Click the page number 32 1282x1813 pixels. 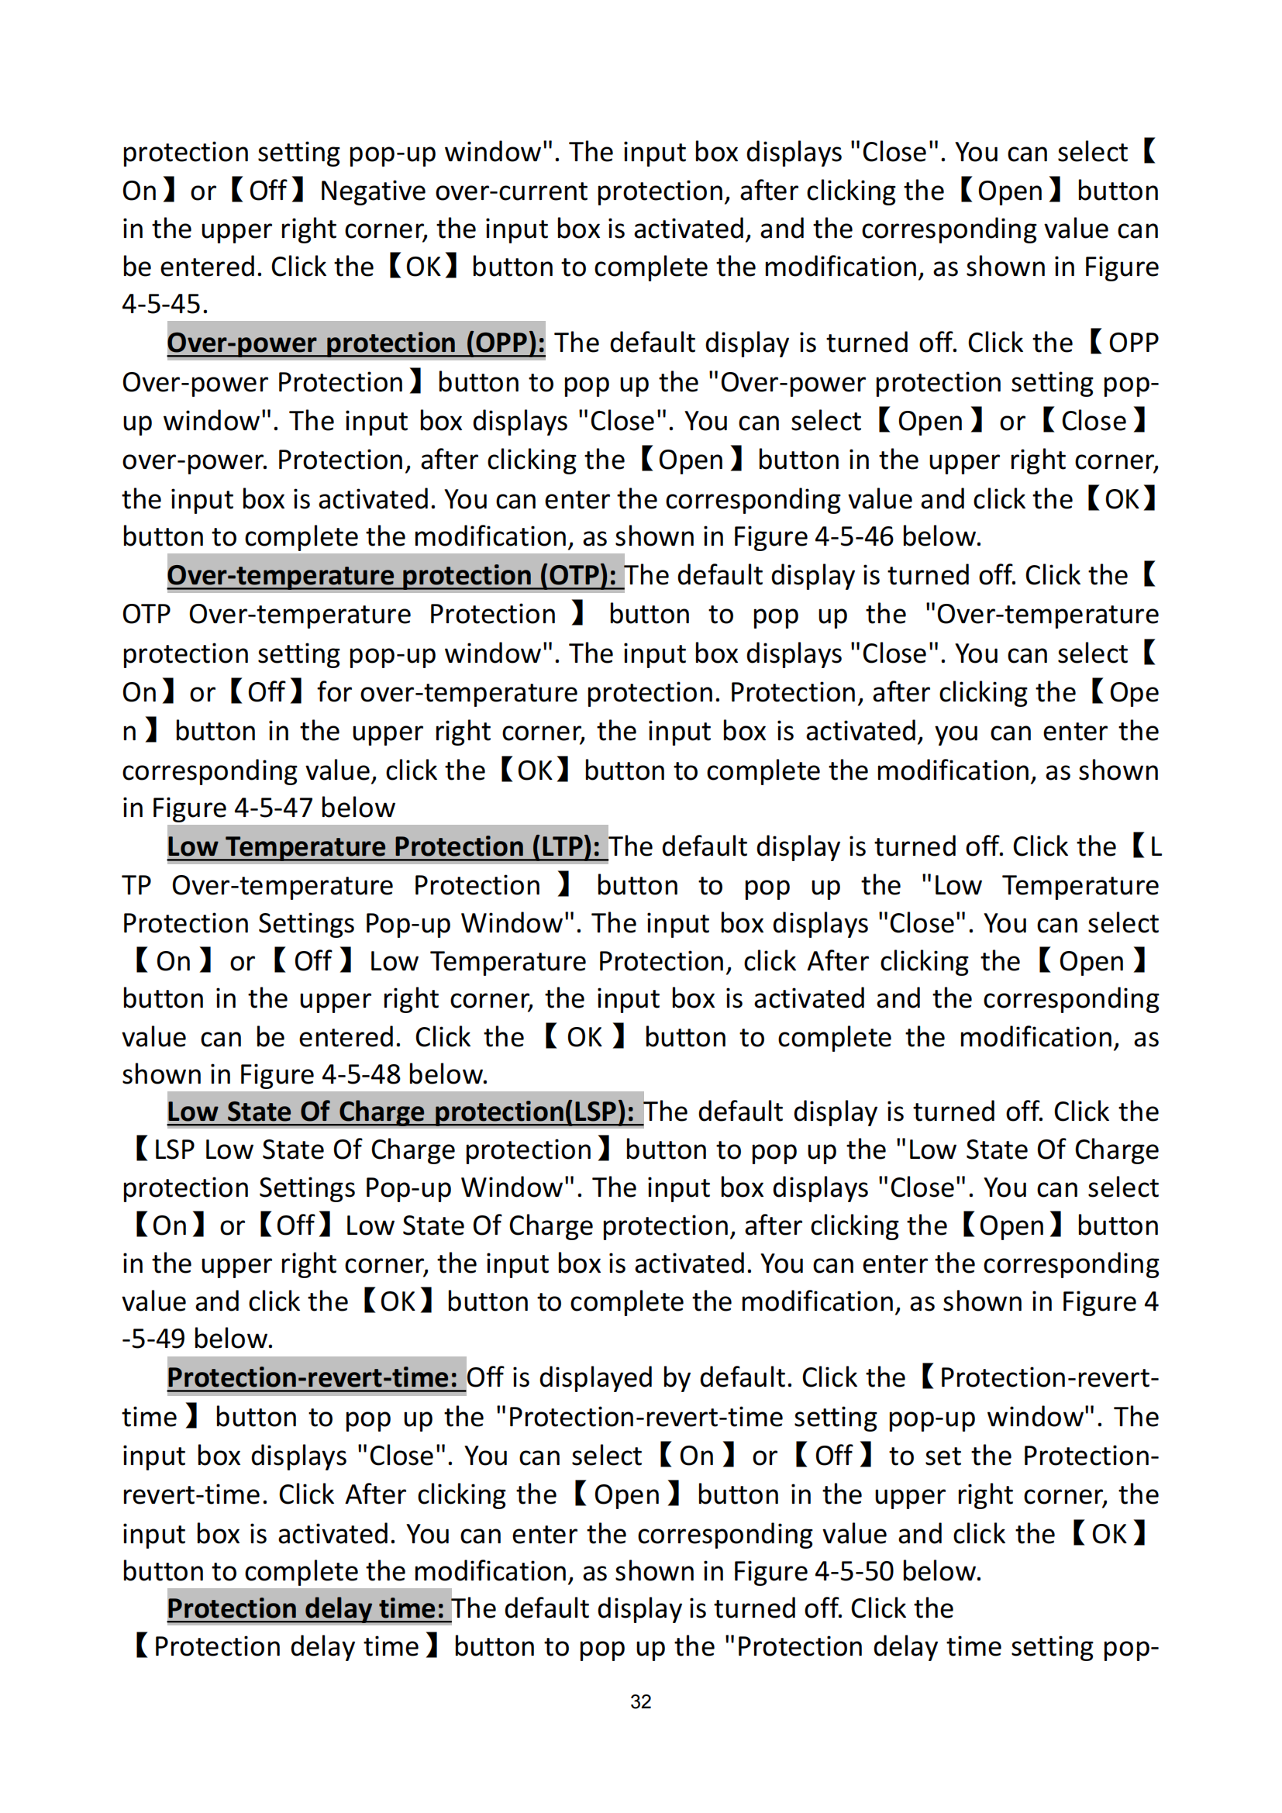point(640,1701)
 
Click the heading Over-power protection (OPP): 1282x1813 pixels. point(356,343)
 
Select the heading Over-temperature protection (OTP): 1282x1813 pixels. point(391,575)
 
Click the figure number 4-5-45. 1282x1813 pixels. point(164,304)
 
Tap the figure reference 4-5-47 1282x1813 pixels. point(273,808)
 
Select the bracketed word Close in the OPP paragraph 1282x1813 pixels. point(1094,421)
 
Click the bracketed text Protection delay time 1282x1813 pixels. point(286,1646)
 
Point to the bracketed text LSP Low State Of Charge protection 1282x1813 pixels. point(373,1149)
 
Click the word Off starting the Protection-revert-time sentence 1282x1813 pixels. point(484,1377)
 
